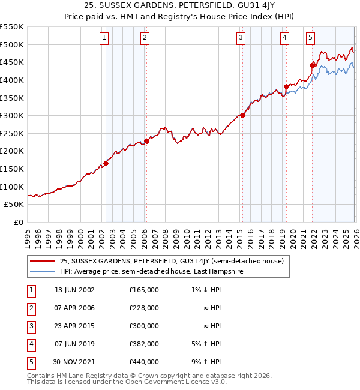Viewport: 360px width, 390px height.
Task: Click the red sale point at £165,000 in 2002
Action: pyautogui.click(x=106, y=163)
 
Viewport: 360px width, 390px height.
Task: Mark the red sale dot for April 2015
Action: pyautogui.click(x=242, y=115)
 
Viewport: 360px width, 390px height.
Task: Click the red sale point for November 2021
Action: pyautogui.click(x=313, y=65)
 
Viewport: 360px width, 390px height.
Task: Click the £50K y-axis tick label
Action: pyautogui.click(x=14, y=205)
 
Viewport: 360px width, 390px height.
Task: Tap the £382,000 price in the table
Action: pyautogui.click(x=144, y=344)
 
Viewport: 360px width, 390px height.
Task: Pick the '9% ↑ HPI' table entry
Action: pyautogui.click(x=208, y=362)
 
